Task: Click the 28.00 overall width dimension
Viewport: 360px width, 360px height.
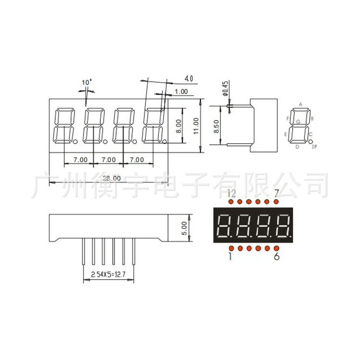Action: pos(110,178)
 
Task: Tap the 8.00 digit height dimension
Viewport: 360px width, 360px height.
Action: pos(179,126)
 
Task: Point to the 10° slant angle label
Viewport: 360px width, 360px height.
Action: pos(86,83)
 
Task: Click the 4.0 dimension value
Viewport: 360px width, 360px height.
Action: pos(188,78)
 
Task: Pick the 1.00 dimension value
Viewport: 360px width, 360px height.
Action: pos(181,91)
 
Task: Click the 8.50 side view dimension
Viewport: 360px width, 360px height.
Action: pos(216,126)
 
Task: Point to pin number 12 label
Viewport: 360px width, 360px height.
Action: pos(231,193)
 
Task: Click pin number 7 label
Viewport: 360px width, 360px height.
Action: pos(276,193)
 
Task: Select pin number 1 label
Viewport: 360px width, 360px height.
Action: pos(230,257)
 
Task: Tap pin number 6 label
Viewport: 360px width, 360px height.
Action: pos(276,257)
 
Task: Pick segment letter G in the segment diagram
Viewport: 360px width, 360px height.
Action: pos(298,122)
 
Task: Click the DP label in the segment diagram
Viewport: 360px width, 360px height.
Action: pos(314,146)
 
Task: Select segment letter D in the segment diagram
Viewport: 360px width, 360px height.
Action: pos(298,146)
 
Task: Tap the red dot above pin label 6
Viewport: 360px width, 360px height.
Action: pos(276,248)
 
